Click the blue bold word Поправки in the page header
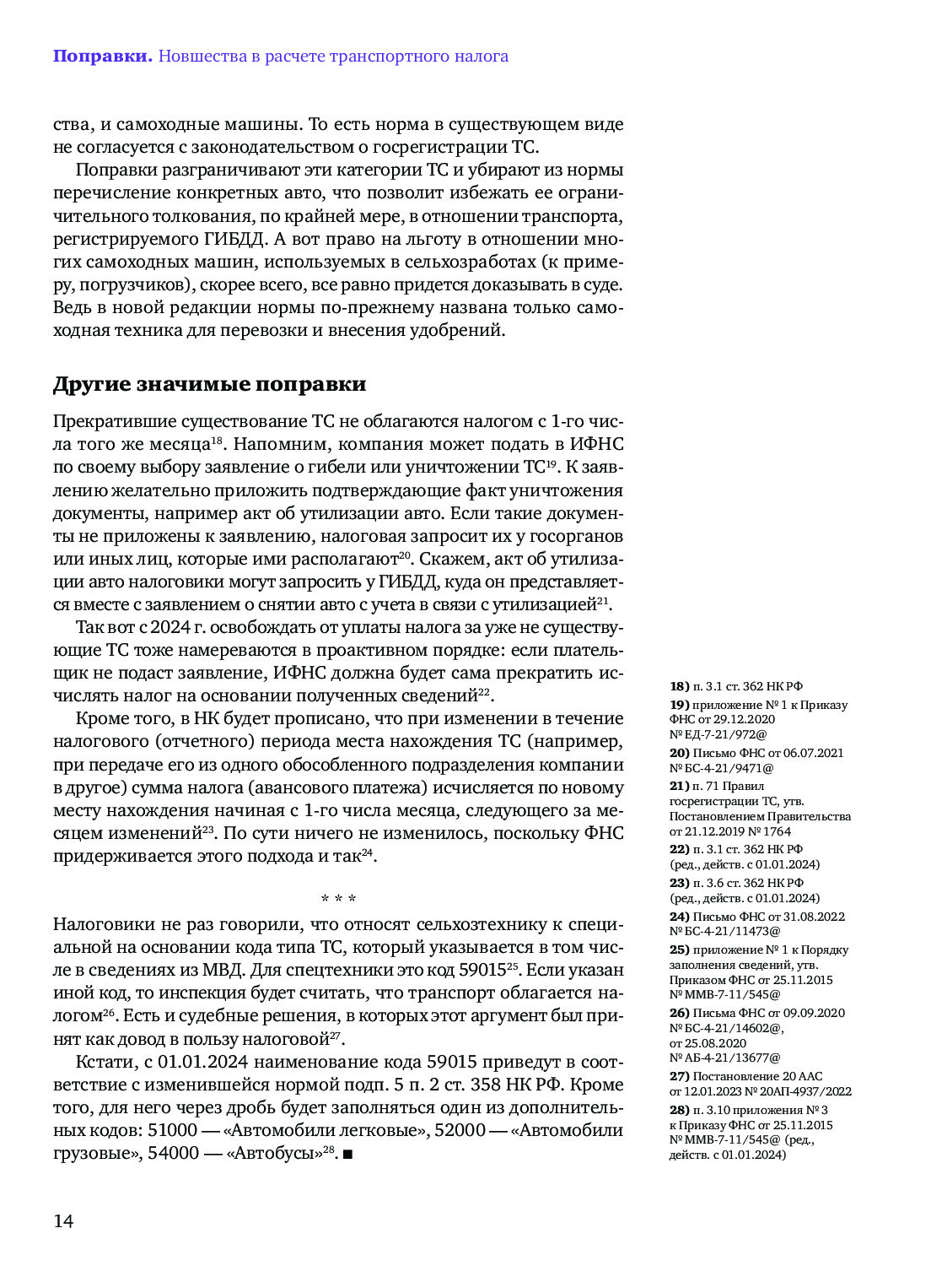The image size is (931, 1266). click(x=102, y=57)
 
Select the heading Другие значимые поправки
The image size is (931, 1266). click(x=209, y=384)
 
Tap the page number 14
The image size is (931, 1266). click(x=63, y=1220)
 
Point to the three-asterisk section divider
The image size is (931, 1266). click(x=338, y=899)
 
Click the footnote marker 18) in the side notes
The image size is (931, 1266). click(x=679, y=687)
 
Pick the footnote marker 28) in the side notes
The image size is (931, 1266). click(x=679, y=1110)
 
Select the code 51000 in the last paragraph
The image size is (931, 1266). click(x=172, y=1130)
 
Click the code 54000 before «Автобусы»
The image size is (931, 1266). click(x=172, y=1153)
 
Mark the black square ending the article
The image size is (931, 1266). click(x=347, y=1154)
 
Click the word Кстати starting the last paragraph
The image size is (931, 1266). click(x=104, y=1062)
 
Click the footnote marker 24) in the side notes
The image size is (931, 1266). click(x=679, y=917)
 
